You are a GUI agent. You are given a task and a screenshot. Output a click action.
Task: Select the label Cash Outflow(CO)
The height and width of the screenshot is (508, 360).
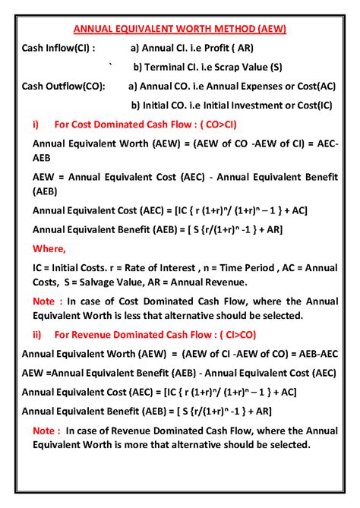[64, 86]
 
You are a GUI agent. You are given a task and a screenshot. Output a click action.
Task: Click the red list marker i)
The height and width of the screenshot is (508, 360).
[36, 124]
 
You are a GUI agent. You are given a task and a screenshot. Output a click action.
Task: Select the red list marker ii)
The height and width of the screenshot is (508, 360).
[37, 333]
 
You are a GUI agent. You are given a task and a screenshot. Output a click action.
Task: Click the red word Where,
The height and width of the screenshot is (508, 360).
[49, 248]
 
